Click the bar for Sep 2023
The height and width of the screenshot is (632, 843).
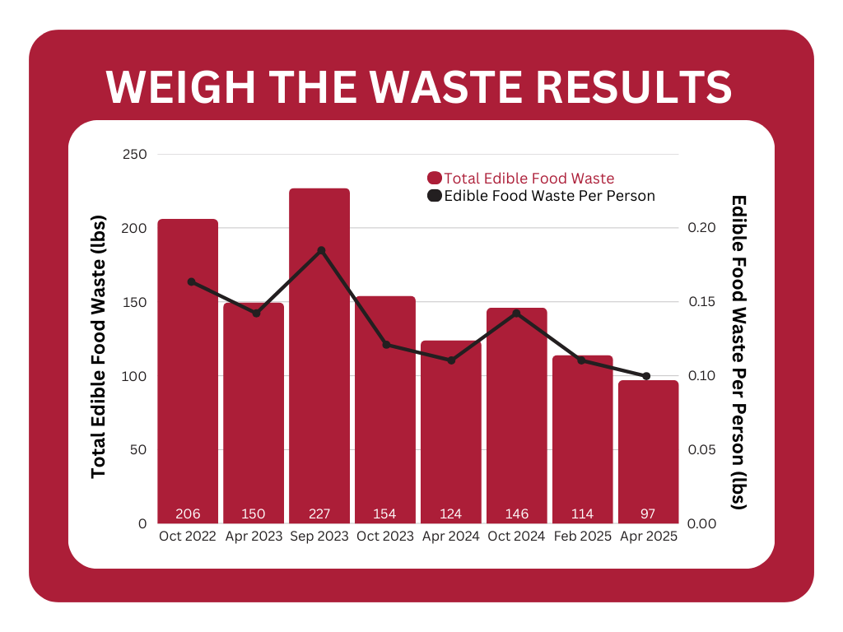(319, 354)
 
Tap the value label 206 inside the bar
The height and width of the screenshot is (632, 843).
(188, 514)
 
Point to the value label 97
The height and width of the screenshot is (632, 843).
(649, 514)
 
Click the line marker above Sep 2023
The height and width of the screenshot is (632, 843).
(321, 251)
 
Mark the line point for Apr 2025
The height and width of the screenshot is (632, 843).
(646, 376)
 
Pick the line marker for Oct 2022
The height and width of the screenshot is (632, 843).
(191, 281)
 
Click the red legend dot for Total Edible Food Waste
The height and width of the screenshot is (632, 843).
(435, 178)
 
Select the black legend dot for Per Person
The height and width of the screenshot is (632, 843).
(435, 196)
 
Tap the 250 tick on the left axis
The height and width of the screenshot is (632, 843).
(134, 155)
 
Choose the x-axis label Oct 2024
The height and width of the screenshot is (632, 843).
(516, 537)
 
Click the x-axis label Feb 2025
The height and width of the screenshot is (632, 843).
(582, 537)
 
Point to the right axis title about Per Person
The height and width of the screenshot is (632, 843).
(738, 352)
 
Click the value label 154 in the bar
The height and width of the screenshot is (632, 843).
(384, 514)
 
